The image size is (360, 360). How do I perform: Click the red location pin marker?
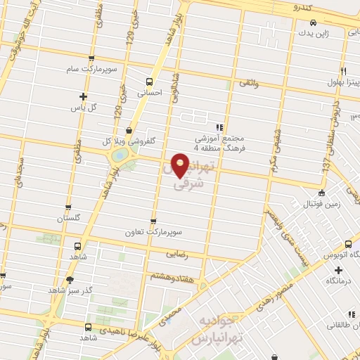(x=181, y=165)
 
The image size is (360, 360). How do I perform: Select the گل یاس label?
(x=84, y=108)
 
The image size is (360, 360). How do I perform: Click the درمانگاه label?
(x=338, y=280)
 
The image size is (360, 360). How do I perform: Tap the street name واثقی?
(x=250, y=84)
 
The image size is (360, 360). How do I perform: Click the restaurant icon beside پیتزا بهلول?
(x=344, y=71)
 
